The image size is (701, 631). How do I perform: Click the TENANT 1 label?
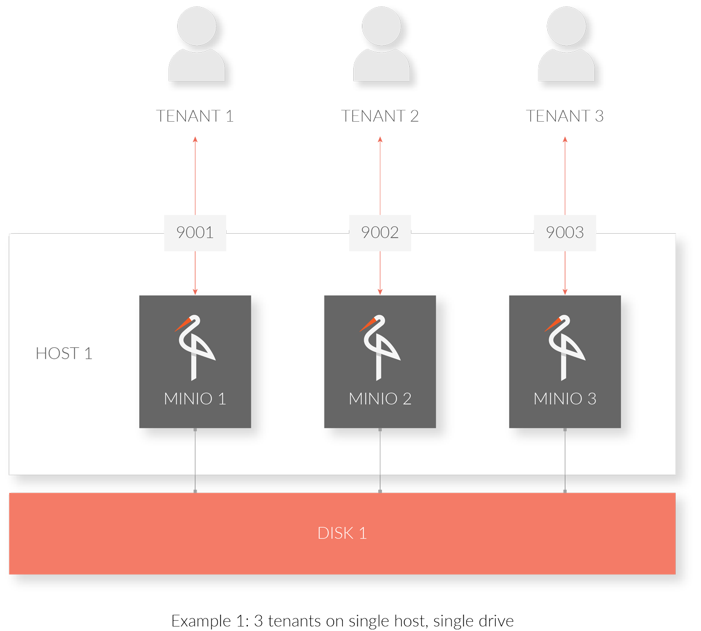[195, 116]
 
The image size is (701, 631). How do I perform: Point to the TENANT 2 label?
[380, 116]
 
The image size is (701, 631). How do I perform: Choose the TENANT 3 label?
[565, 116]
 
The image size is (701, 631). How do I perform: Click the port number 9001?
[195, 233]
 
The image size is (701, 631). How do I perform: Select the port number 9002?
[380, 233]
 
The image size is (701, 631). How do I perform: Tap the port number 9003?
[565, 233]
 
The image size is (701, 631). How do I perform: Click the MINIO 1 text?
[195, 399]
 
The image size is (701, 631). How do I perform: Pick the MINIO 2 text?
[380, 399]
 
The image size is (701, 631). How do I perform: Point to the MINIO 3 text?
[565, 399]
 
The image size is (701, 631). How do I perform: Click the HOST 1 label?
[64, 354]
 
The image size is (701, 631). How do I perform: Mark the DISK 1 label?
[342, 533]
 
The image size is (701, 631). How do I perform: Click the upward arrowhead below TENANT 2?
[380, 140]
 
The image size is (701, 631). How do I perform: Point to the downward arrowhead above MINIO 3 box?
[565, 292]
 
